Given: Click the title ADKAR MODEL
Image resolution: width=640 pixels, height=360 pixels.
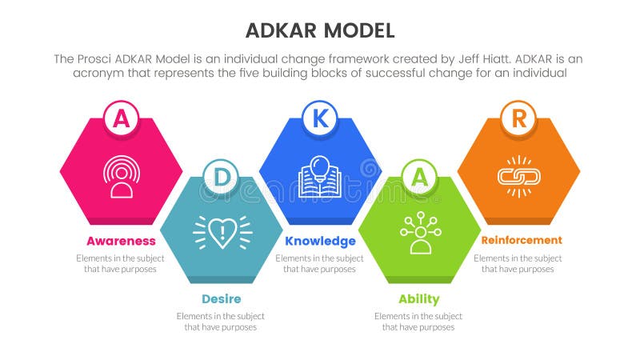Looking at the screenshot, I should tap(320, 30).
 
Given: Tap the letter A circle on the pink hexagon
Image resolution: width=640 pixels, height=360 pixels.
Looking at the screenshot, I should tap(121, 118).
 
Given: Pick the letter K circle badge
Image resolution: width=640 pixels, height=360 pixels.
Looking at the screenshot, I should tap(320, 118).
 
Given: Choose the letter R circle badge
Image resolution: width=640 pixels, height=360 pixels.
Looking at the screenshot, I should tap(518, 118).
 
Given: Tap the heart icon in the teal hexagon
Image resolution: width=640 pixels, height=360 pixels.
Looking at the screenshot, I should tap(222, 231).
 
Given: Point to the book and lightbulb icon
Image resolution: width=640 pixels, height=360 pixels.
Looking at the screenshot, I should tap(320, 176).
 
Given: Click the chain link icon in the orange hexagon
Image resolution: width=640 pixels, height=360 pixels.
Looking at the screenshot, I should tap(518, 176).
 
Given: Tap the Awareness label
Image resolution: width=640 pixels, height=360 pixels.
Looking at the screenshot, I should tap(121, 241).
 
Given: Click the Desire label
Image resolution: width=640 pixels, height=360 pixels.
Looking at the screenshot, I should tap(221, 298).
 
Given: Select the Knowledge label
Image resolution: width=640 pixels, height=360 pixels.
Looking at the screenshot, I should tap(320, 241).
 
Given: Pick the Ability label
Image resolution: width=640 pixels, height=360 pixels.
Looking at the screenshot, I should tap(418, 299).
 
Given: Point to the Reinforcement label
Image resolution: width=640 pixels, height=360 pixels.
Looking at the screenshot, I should tap(522, 240).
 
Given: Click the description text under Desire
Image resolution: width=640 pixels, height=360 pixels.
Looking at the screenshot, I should tap(221, 322).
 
